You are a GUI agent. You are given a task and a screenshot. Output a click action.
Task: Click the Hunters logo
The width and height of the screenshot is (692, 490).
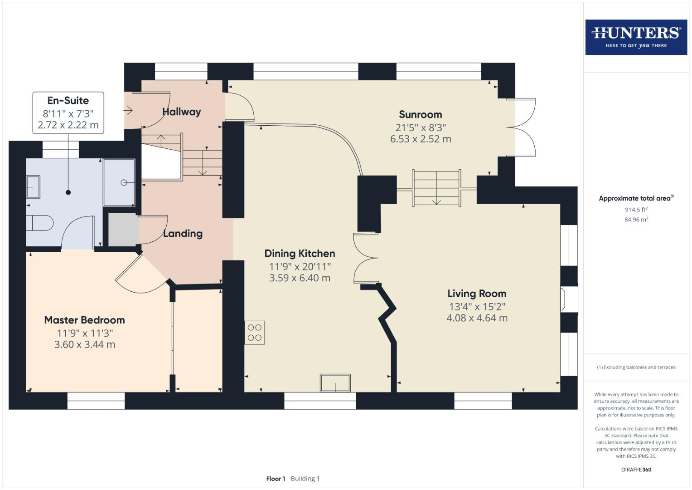click(x=636, y=37)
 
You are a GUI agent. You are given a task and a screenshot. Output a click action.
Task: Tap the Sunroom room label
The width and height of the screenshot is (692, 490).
click(x=420, y=115)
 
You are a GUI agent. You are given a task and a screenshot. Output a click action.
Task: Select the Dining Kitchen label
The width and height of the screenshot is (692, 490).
click(x=300, y=254)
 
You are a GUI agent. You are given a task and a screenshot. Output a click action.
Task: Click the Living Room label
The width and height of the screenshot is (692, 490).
click(x=477, y=294)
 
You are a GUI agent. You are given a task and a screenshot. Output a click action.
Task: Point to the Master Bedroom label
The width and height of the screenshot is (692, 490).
click(x=84, y=320)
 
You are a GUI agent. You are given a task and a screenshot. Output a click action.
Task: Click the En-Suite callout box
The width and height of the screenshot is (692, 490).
click(x=68, y=113)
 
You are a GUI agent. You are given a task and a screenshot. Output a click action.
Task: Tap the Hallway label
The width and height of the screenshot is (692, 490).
click(x=181, y=112)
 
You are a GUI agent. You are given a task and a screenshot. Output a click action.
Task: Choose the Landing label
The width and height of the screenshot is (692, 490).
click(x=183, y=234)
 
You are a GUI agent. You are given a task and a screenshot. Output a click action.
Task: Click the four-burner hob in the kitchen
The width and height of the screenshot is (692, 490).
click(x=255, y=333)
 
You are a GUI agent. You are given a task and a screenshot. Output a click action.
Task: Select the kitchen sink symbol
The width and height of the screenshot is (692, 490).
click(x=335, y=383)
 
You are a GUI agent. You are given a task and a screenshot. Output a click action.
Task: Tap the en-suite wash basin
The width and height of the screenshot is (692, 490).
click(x=33, y=187)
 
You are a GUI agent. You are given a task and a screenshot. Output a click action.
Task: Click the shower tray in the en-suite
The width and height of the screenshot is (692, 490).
click(x=119, y=182)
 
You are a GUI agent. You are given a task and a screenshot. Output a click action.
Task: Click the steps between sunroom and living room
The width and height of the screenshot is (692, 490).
click(x=436, y=188)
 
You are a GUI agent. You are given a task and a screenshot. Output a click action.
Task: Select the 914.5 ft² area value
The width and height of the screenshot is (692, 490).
click(x=636, y=210)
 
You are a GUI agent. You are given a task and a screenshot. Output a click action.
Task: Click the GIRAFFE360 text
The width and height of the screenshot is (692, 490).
click(x=636, y=470)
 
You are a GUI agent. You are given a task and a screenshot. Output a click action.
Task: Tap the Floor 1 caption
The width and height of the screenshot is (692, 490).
click(x=276, y=479)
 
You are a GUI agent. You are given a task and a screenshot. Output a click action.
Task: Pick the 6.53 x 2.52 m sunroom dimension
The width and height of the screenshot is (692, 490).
click(x=420, y=139)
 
